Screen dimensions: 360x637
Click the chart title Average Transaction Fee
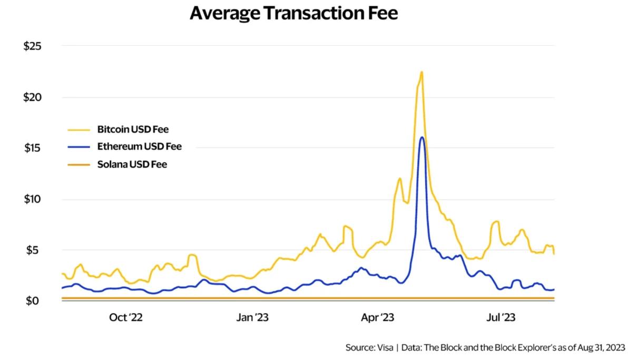(x=293, y=14)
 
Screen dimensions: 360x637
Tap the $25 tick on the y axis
(x=32, y=46)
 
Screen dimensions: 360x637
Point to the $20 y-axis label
(x=32, y=97)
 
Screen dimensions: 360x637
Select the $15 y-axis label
(x=32, y=148)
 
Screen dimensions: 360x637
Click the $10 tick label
(x=32, y=199)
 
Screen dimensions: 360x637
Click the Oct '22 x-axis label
(x=126, y=317)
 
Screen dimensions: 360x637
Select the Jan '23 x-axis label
(x=253, y=317)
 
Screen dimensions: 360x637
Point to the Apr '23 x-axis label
(x=377, y=317)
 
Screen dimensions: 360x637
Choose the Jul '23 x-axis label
(x=500, y=317)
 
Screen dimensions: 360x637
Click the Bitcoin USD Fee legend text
(x=133, y=129)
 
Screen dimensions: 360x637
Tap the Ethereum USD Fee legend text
(x=139, y=147)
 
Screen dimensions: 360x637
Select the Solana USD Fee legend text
(x=132, y=164)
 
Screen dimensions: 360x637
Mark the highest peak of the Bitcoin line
(x=422, y=72)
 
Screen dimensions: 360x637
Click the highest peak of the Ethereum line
(x=422, y=138)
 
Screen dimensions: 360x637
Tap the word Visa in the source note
(x=384, y=348)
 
